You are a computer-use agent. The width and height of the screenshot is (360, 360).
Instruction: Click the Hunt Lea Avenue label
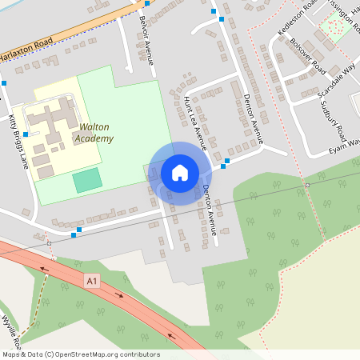pos(195,124)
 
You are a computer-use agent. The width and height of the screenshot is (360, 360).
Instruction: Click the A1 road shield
pos(92,281)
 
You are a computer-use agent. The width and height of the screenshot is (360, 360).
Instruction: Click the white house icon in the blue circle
pos(180,173)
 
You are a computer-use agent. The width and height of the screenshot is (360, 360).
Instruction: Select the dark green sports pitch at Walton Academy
pos(88,180)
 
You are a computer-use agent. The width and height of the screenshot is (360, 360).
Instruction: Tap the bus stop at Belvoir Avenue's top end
pos(146,3)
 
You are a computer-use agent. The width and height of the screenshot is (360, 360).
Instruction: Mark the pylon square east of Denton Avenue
pos(307,185)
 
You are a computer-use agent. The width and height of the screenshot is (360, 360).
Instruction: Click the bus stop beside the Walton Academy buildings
pos(26,134)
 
